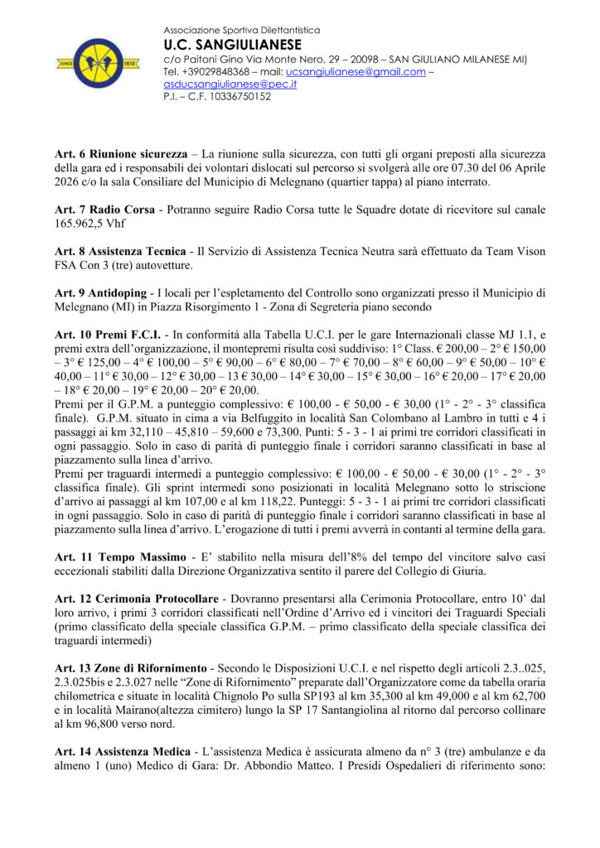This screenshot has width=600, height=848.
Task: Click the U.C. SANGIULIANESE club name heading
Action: (232, 45)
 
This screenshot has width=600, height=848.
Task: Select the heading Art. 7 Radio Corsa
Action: (104, 210)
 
